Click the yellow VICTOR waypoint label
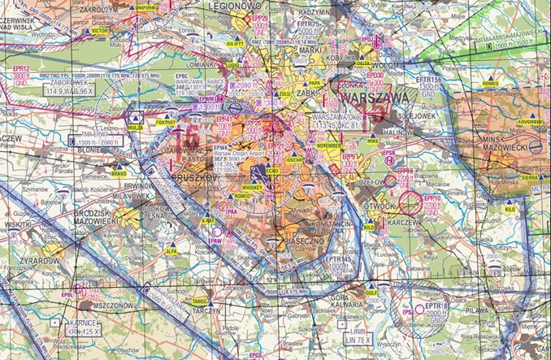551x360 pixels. pyautogui.click(x=100, y=30)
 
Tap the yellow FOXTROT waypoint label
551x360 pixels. pyautogui.click(x=166, y=123)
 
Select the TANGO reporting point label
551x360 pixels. pyautogui.click(x=201, y=301)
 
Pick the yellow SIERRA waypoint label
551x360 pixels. pyautogui.click(x=530, y=176)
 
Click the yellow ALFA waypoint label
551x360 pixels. pyautogui.click(x=171, y=251)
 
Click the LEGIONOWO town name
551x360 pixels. pyautogui.click(x=242, y=6)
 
